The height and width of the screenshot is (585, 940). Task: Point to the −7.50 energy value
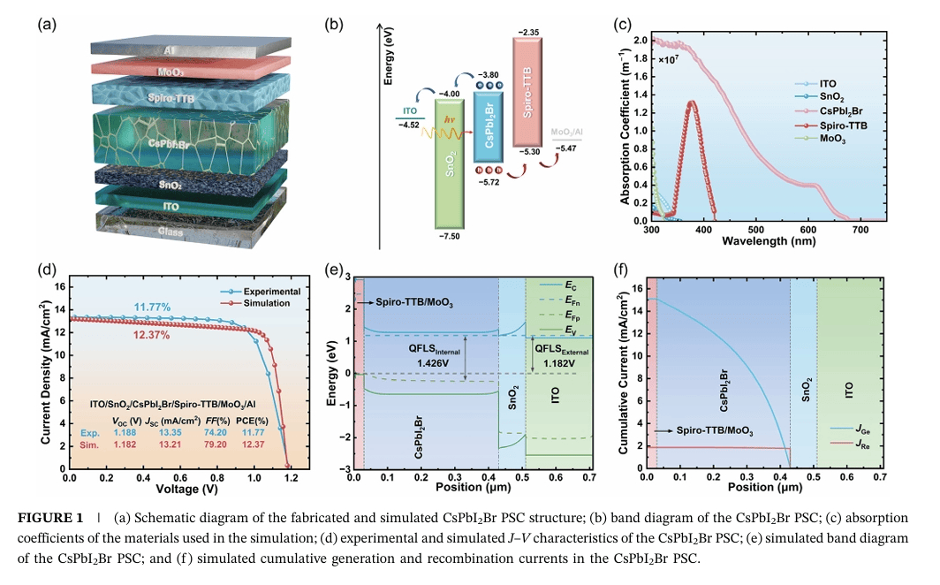[451, 237]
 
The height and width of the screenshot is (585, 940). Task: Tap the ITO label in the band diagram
[409, 111]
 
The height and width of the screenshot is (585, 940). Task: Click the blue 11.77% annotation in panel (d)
[151, 308]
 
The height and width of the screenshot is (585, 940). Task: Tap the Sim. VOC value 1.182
[130, 447]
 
